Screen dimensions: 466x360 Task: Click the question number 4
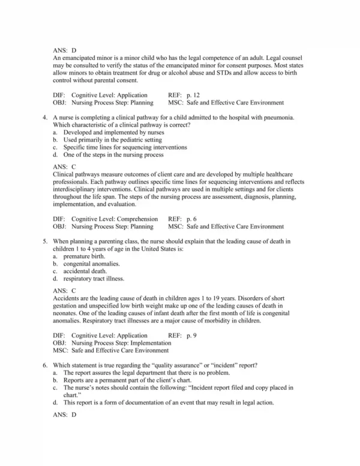point(46,118)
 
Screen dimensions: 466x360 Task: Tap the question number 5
point(46,241)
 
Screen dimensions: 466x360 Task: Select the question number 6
point(46,365)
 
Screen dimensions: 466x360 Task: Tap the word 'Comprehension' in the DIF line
point(138,219)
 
